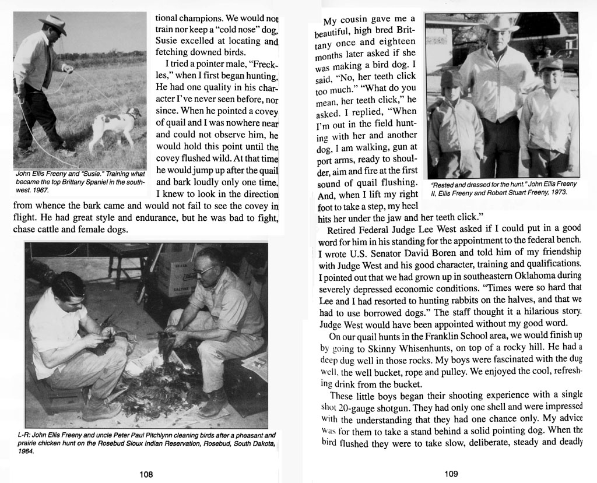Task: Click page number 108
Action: (146, 474)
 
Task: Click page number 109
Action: (451, 474)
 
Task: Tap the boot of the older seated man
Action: (212, 404)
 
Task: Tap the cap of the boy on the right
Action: (550, 65)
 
